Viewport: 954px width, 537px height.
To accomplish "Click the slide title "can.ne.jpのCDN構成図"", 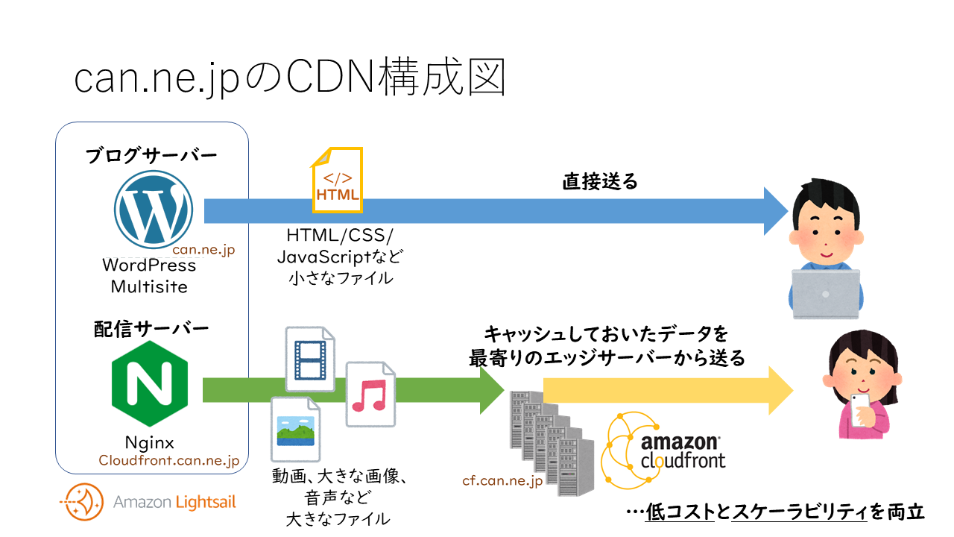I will click(290, 78).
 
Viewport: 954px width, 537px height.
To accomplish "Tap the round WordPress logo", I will click(154, 210).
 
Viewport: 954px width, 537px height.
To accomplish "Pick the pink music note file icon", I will click(370, 395).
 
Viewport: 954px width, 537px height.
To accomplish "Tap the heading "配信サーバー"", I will click(151, 328).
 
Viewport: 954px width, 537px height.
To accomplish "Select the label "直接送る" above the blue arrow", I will click(600, 182).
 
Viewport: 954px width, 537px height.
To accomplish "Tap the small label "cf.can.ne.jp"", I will click(502, 481).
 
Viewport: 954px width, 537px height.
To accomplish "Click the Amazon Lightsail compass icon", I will click(83, 502).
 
